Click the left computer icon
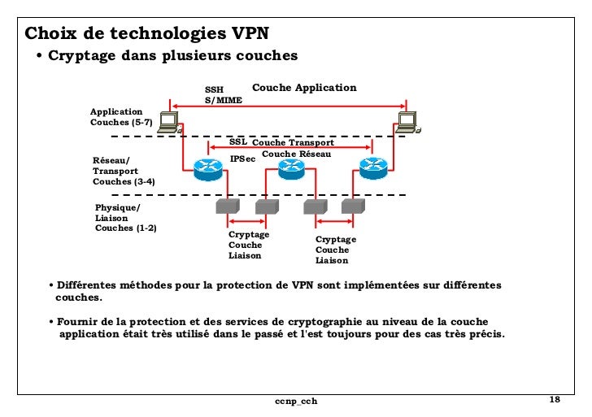(168, 121)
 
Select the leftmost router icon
(208, 167)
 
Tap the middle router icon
(290, 167)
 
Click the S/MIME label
(222, 99)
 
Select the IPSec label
(242, 159)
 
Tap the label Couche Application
(304, 88)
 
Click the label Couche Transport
(293, 142)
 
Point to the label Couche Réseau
(296, 154)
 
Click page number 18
(555, 400)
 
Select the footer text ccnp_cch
(295, 402)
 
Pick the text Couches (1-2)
(126, 228)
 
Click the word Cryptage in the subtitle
(81, 56)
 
